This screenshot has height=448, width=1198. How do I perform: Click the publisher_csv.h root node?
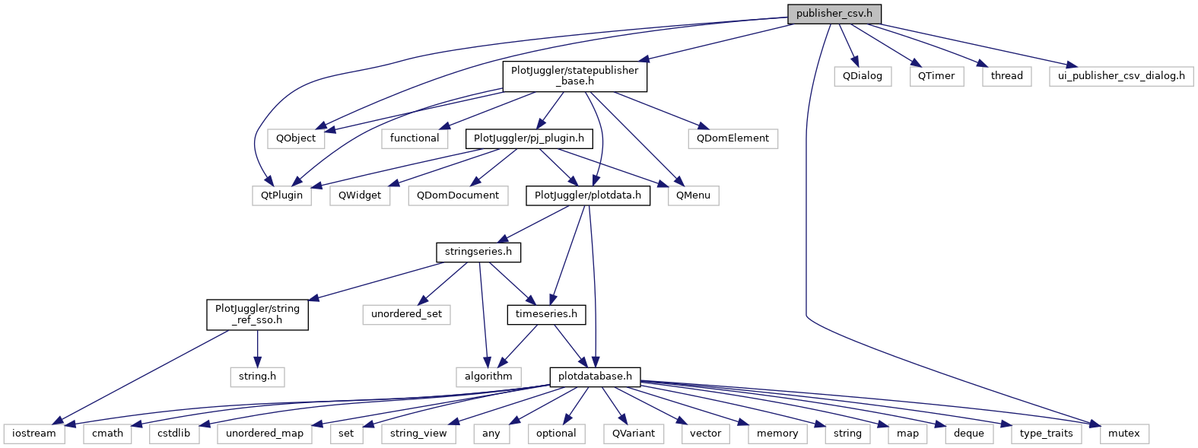click(834, 14)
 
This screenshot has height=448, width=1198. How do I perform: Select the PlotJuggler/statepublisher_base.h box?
click(574, 76)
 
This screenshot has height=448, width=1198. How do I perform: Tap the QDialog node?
click(862, 76)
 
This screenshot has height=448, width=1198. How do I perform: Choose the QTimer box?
click(936, 76)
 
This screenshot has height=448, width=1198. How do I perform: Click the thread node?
click(1006, 76)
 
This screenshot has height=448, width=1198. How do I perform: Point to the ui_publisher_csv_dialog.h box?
click(1120, 76)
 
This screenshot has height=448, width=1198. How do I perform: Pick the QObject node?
click(296, 138)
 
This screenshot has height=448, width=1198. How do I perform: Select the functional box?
click(415, 138)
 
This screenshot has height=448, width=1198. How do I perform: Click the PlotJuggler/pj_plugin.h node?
click(529, 138)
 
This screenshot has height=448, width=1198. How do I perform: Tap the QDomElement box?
click(732, 138)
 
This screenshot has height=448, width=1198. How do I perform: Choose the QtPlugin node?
click(282, 195)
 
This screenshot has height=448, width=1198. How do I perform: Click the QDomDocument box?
click(458, 195)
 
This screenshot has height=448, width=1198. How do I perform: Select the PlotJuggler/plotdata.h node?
click(588, 195)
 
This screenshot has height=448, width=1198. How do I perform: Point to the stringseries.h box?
click(478, 252)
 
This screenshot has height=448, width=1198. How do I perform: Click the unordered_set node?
click(406, 314)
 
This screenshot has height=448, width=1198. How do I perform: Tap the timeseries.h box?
click(546, 314)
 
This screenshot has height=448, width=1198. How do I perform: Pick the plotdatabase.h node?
click(596, 377)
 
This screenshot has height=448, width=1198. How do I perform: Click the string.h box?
click(257, 377)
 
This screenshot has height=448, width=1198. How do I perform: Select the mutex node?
click(1123, 434)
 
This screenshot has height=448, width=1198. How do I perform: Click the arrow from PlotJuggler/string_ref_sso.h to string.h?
click(257, 348)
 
